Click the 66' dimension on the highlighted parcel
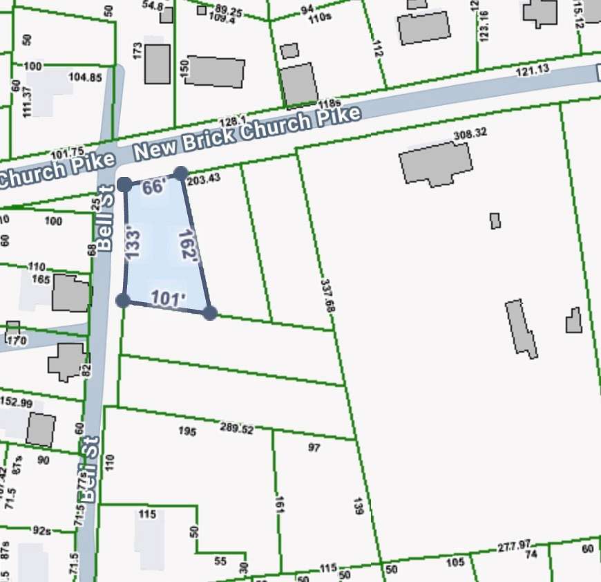coord(154,188)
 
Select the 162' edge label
coord(188,245)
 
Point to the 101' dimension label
coord(169,299)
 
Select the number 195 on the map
coord(187,432)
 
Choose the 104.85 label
coord(86,77)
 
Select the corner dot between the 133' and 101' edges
coord(123,300)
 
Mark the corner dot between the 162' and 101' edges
coord(210,313)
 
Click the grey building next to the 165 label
coord(70,293)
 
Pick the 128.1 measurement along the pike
coord(233,120)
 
